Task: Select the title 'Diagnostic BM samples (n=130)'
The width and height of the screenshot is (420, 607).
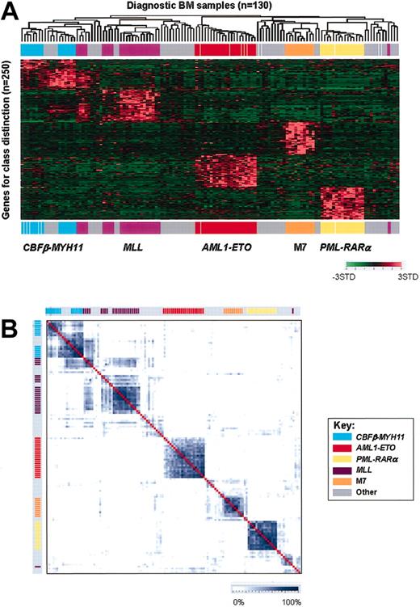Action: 209,6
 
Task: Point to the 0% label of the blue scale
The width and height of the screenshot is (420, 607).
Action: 238,601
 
